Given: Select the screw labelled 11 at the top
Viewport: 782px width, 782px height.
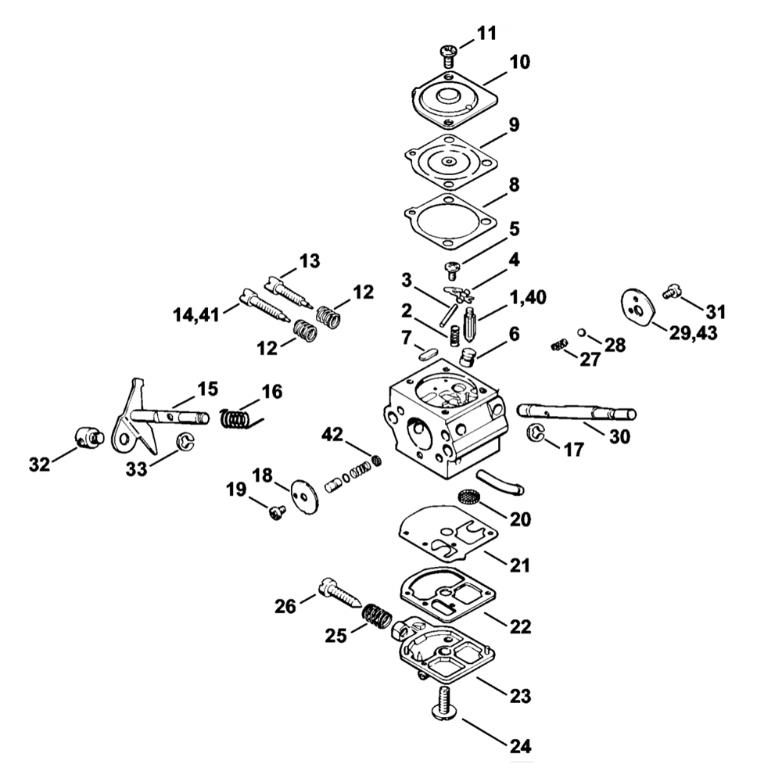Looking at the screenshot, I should [x=449, y=54].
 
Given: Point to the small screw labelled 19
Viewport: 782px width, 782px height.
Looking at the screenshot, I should [x=275, y=512].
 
